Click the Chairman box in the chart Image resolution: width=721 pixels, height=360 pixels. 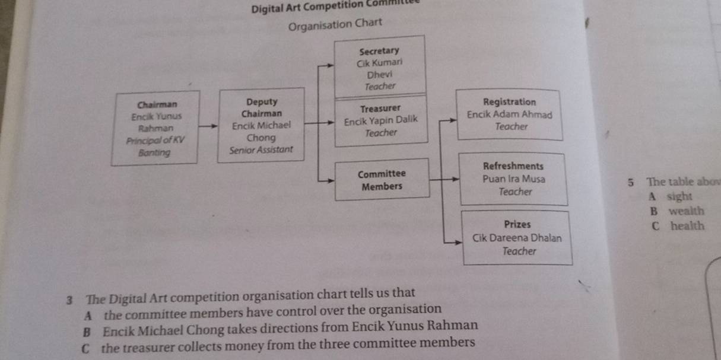[156, 128]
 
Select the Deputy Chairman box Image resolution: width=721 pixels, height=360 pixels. [261, 125]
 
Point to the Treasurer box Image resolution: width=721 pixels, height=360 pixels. [380, 121]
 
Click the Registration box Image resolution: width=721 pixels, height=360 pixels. [509, 114]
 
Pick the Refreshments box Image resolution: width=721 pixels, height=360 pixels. [514, 179]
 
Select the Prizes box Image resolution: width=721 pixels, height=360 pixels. [517, 238]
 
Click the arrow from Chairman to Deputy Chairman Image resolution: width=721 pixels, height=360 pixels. [208, 126]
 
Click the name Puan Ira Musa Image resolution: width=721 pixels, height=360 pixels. [514, 179]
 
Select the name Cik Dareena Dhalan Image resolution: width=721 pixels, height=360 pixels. [517, 238]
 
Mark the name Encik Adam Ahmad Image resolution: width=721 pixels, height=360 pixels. [510, 114]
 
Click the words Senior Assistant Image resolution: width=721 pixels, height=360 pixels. [261, 150]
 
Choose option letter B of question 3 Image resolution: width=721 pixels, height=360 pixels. [87, 326]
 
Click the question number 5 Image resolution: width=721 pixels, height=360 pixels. [630, 182]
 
